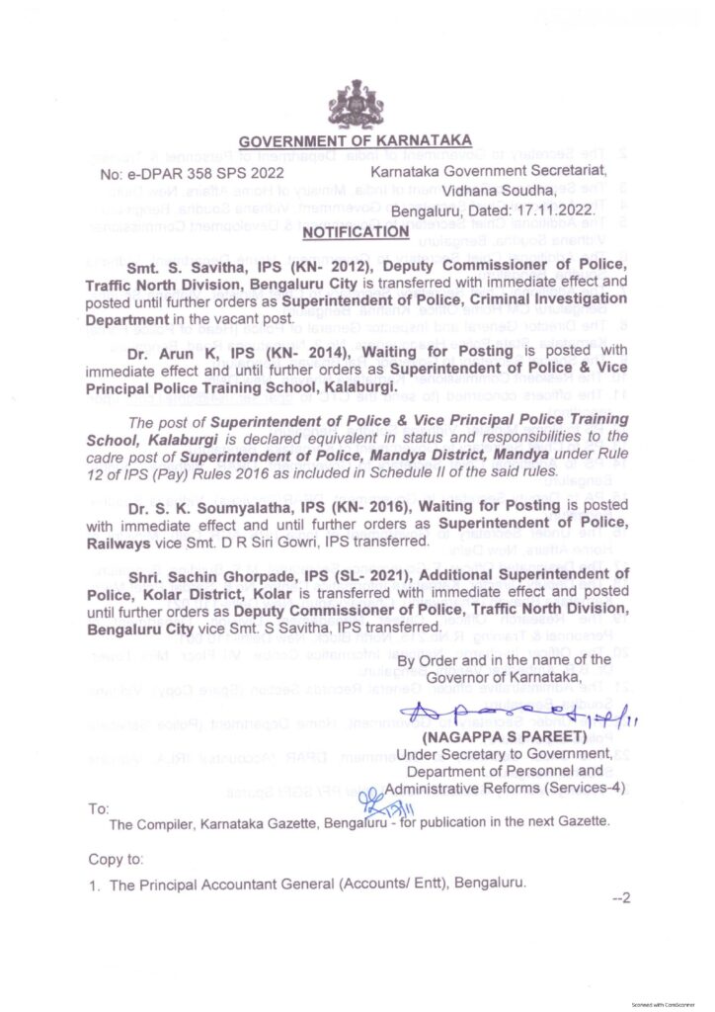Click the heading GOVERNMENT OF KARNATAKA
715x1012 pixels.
click(356, 140)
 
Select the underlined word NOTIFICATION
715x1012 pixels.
click(355, 232)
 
